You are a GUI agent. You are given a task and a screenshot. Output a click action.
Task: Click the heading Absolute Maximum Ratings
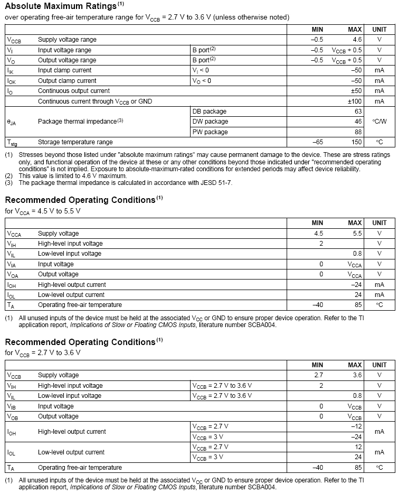[x=60, y=7]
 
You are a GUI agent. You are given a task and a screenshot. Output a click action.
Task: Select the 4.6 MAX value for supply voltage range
[x=357, y=40]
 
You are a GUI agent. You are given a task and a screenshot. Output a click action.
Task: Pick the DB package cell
[x=210, y=111]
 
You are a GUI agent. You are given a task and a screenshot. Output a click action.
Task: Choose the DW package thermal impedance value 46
[x=358, y=122]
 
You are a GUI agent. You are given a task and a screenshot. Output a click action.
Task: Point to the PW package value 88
[x=358, y=132]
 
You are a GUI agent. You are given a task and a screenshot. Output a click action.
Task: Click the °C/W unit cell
[x=379, y=122]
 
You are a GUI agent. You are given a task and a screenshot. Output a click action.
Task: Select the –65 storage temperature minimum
[x=317, y=142]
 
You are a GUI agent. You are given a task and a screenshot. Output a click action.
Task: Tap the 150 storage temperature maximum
[x=357, y=142]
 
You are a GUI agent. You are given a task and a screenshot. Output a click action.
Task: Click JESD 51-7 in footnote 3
[x=213, y=183]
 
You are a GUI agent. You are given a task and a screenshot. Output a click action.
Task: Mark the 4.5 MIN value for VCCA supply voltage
[x=318, y=234]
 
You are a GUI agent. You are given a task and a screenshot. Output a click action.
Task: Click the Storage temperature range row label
[x=75, y=142]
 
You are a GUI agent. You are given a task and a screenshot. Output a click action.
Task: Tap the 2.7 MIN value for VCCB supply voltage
[x=318, y=375]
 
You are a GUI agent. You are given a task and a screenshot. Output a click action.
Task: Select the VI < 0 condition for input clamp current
[x=201, y=70]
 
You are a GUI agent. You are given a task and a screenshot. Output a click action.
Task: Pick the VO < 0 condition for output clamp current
[x=202, y=81]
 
